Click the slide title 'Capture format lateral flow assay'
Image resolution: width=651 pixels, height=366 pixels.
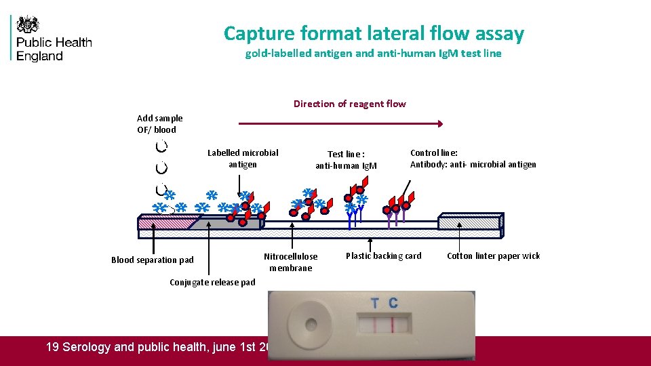coord(374,33)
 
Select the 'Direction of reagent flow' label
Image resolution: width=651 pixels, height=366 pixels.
coord(349,104)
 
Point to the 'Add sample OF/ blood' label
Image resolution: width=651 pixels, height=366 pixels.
coord(159,123)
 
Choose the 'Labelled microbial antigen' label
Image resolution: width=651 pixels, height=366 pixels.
coord(243,159)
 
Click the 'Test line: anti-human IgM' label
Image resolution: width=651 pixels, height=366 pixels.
coord(346,160)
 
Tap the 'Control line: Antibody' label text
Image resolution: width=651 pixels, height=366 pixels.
coord(473,159)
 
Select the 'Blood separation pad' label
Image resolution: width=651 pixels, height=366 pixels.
coord(152,260)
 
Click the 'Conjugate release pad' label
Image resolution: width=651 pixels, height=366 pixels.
coord(212,282)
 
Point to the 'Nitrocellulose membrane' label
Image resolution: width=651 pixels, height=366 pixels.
coord(290,262)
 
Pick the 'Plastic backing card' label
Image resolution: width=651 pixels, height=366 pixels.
coord(383,256)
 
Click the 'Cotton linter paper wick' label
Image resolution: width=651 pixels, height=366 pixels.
coord(494,256)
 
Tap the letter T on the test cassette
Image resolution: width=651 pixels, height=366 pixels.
coord(375,303)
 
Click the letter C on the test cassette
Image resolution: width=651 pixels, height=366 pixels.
coord(393,303)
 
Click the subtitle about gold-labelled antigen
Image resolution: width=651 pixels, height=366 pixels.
coord(373,54)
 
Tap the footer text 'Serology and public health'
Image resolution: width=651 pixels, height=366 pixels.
coord(156,347)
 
